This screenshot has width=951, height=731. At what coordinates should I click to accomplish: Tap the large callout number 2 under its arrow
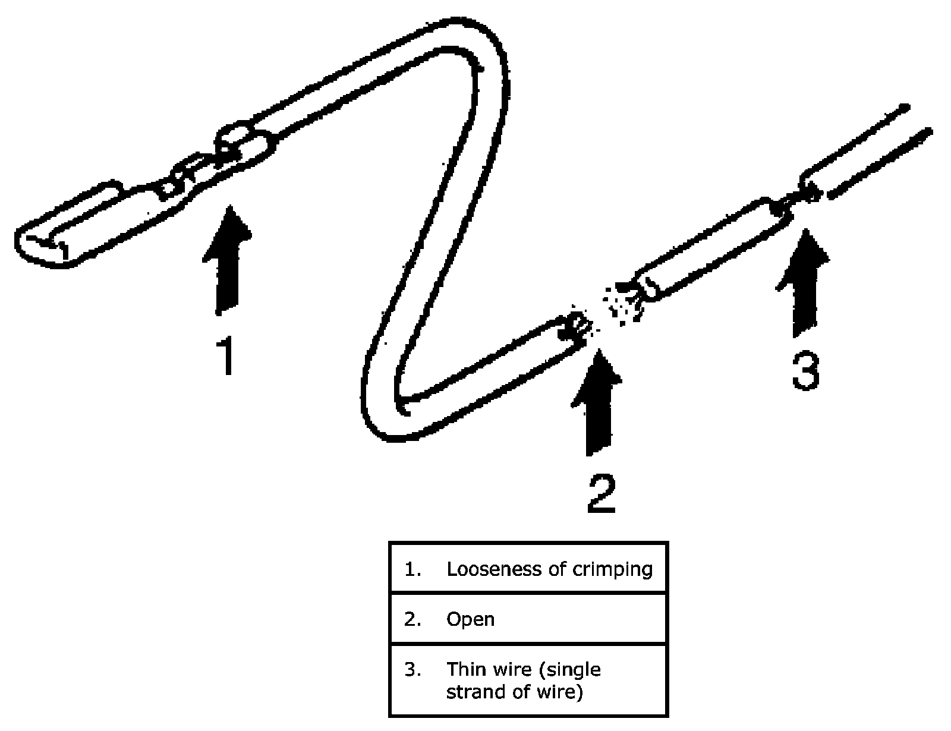coord(601,493)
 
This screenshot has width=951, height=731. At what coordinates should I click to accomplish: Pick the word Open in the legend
coord(470,619)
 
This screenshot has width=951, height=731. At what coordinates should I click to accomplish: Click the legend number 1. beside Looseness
coord(412,569)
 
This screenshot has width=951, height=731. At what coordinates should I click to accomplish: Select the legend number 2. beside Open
coord(412,619)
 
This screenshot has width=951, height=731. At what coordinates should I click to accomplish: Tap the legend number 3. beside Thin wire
coord(412,670)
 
